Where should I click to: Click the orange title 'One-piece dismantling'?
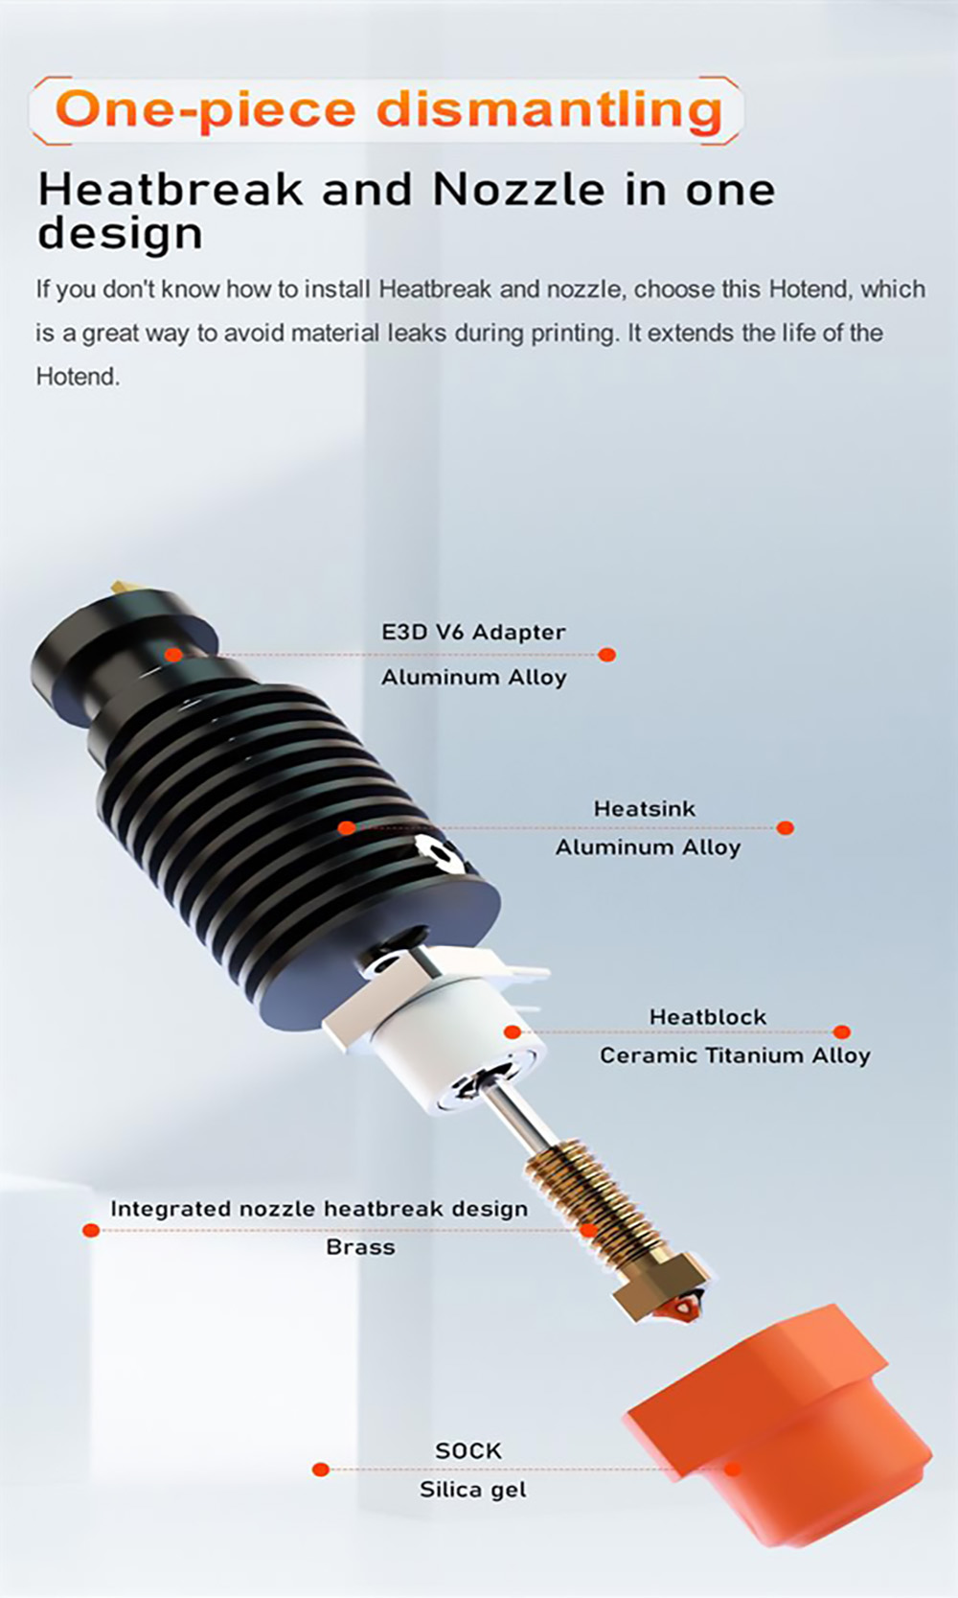tap(388, 109)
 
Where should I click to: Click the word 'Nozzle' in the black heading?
tap(518, 190)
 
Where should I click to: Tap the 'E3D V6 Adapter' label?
tap(473, 633)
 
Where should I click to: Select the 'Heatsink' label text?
tap(644, 809)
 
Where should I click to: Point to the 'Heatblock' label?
tap(707, 1017)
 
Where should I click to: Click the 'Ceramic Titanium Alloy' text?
tap(735, 1055)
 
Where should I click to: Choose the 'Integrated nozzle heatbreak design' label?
tap(318, 1209)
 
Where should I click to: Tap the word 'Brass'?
tap(360, 1247)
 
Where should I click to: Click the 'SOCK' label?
tap(468, 1451)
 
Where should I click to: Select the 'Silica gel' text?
tap(472, 1490)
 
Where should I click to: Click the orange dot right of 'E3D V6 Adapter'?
tap(606, 655)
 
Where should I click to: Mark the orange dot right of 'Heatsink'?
tap(785, 827)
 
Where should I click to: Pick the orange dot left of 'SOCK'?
tap(321, 1470)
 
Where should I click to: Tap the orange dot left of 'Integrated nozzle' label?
tap(91, 1230)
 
